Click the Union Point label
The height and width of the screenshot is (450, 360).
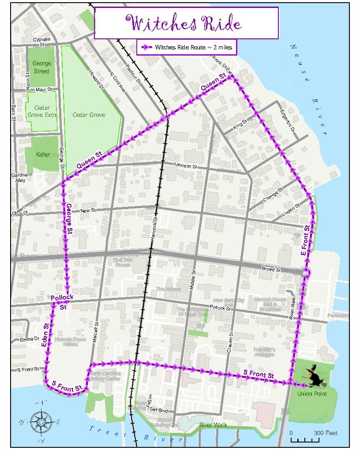312,394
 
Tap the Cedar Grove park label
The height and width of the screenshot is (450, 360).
89,115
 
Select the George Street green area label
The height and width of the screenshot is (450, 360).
41,67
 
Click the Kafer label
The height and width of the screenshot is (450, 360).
43,154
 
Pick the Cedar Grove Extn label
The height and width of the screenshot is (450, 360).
42,111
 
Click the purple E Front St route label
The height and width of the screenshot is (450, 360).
306,241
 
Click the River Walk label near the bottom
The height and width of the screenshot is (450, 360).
213,425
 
